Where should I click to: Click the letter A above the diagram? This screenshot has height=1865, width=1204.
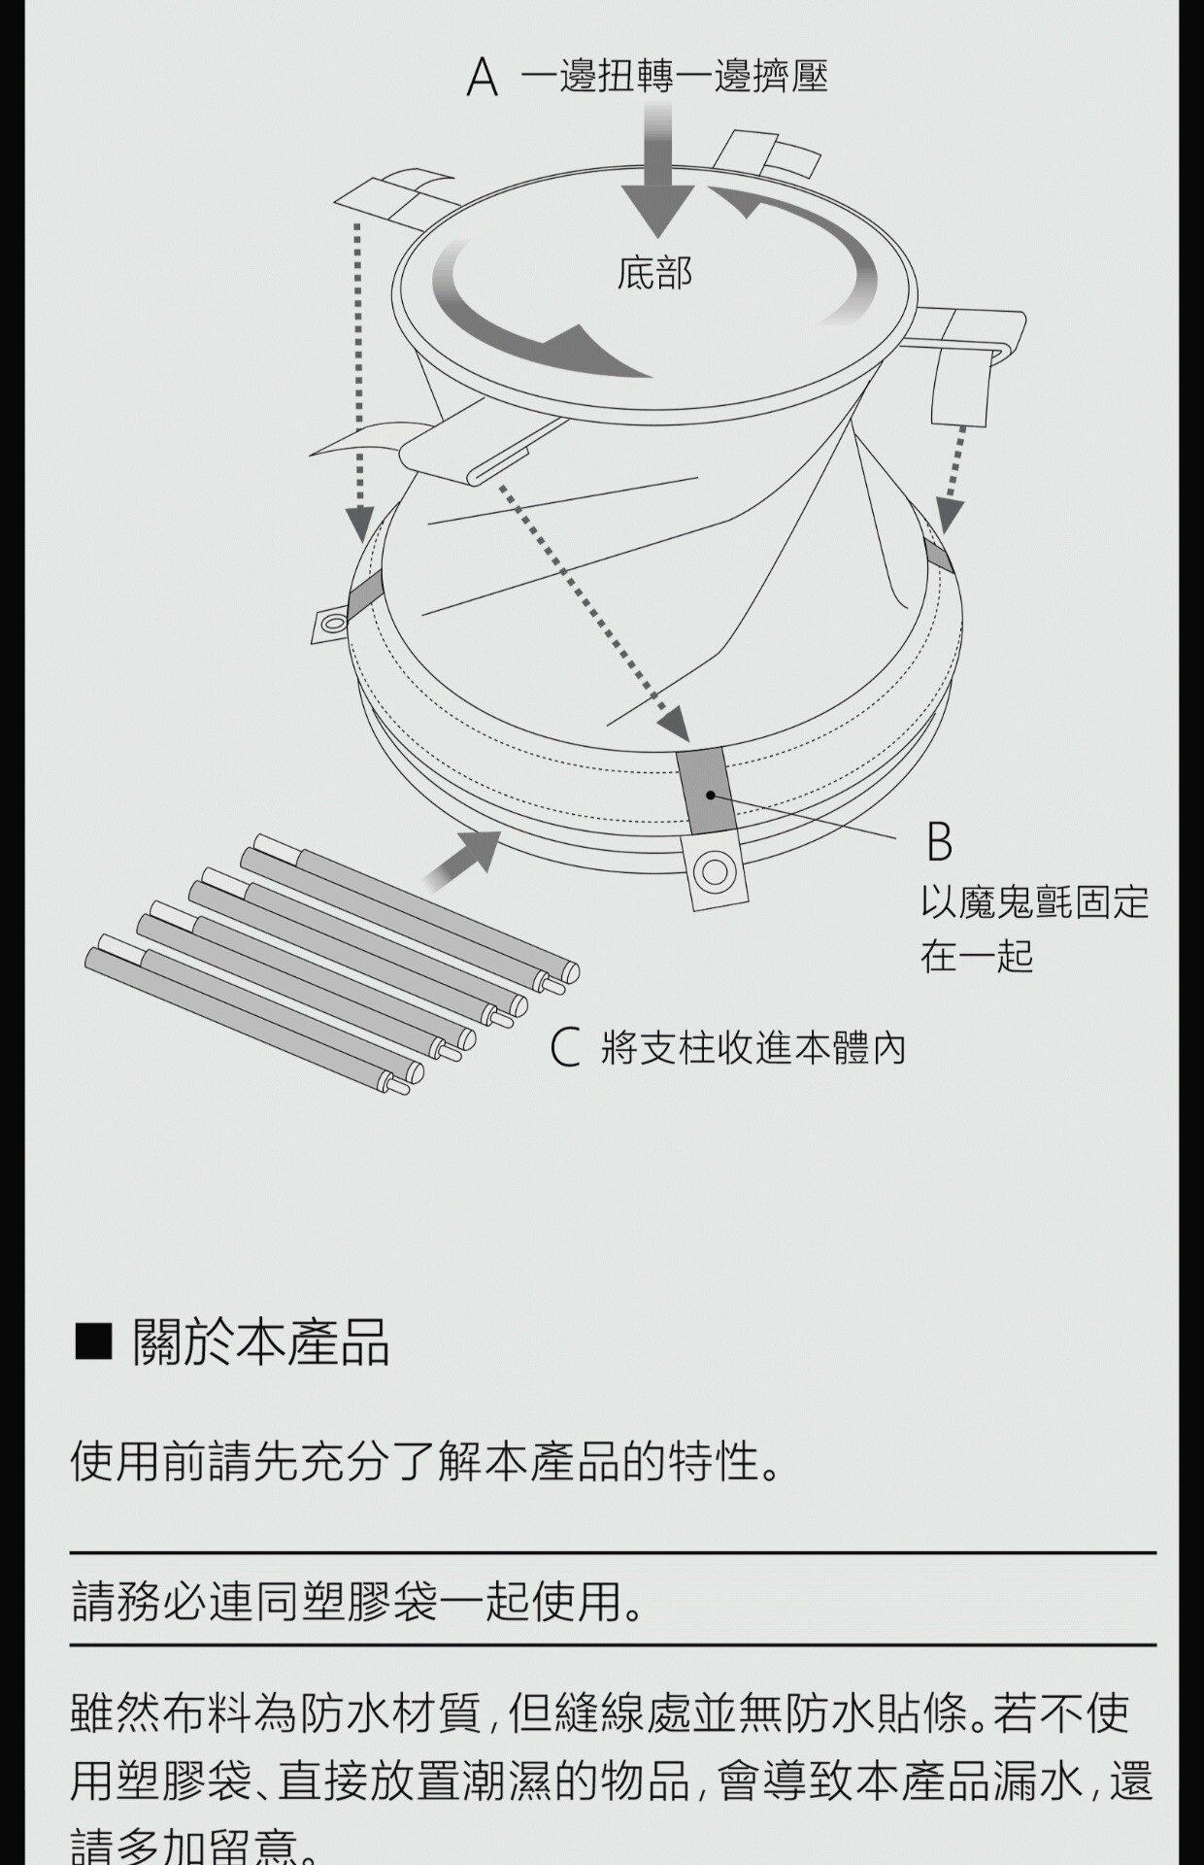(x=483, y=78)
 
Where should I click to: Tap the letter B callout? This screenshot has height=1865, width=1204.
(x=939, y=841)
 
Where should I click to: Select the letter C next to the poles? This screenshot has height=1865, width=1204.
(x=565, y=1049)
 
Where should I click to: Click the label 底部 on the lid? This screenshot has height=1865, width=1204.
(x=655, y=274)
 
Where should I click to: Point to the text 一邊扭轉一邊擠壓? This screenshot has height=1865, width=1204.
(x=674, y=77)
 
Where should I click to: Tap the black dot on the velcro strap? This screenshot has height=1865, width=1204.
(x=711, y=796)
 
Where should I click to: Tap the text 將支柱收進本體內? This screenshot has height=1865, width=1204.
(x=753, y=1049)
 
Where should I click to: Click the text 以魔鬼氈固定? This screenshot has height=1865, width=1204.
(x=1035, y=903)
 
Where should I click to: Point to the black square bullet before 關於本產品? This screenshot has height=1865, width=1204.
(x=94, y=1343)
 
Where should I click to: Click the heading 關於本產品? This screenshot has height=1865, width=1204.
(x=261, y=1343)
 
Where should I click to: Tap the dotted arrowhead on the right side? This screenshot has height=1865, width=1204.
(x=949, y=518)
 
